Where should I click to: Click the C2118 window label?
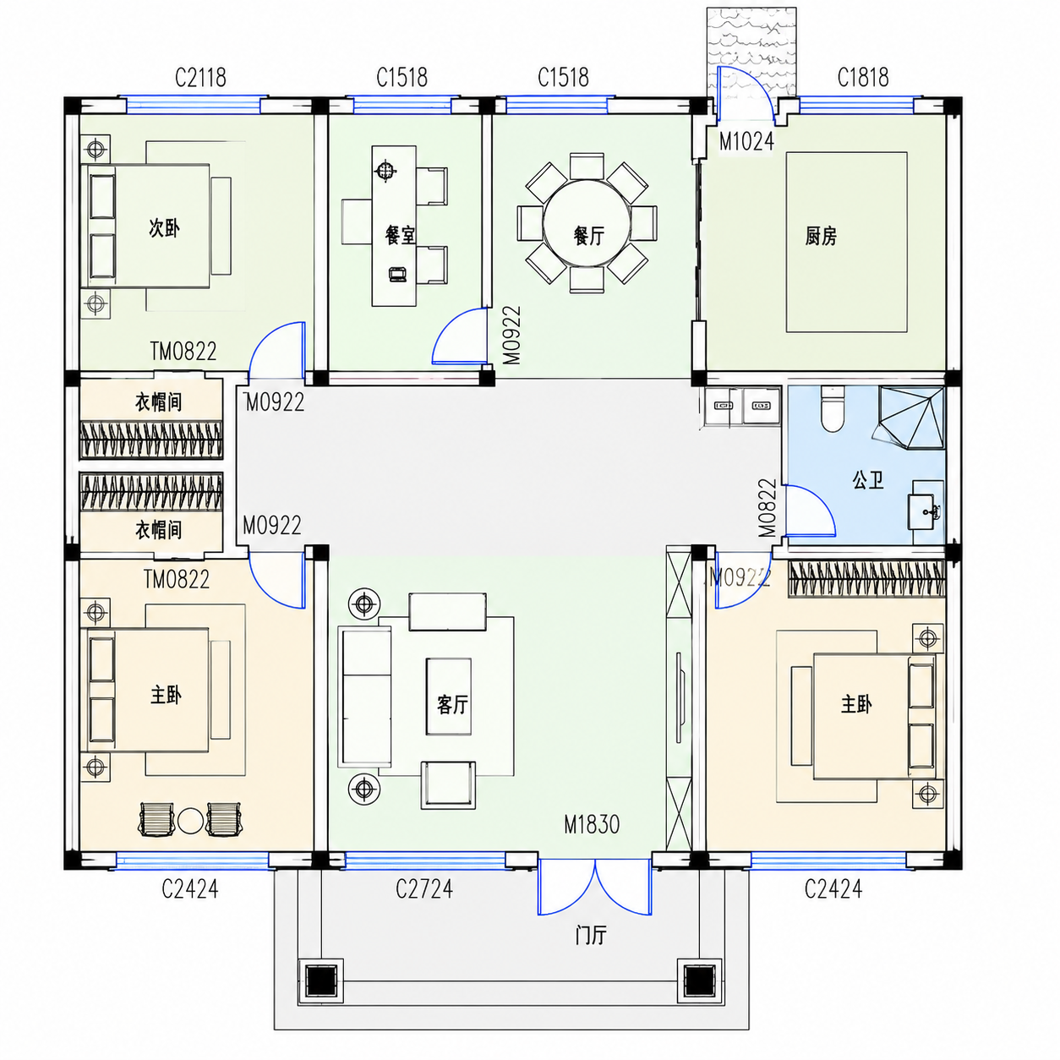tap(200, 78)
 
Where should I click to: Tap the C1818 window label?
tap(862, 78)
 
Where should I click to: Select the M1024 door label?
tap(746, 142)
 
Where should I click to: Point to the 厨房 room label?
tap(821, 237)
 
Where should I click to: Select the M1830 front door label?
tap(592, 824)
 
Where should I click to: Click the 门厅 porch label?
tap(591, 935)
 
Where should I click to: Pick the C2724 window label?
tap(424, 889)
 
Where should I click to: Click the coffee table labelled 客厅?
tap(448, 697)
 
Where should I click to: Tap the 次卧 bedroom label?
tap(165, 228)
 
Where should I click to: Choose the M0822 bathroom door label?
tap(767, 508)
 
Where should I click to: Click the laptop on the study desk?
tap(396, 275)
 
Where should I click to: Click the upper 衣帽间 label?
tap(158, 402)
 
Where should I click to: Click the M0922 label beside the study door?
tap(511, 335)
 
